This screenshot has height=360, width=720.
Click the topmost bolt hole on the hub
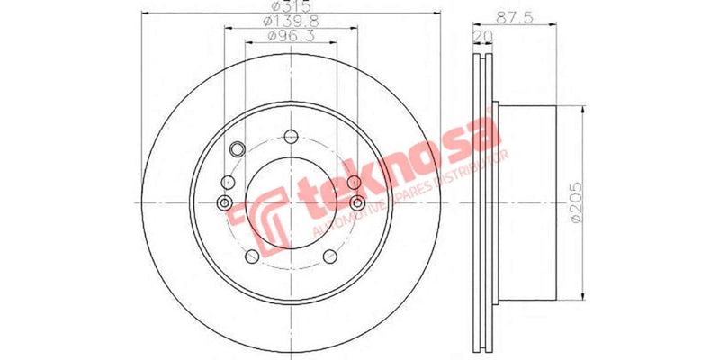coord(290,138)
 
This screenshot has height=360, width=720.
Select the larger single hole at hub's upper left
coord(238,149)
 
